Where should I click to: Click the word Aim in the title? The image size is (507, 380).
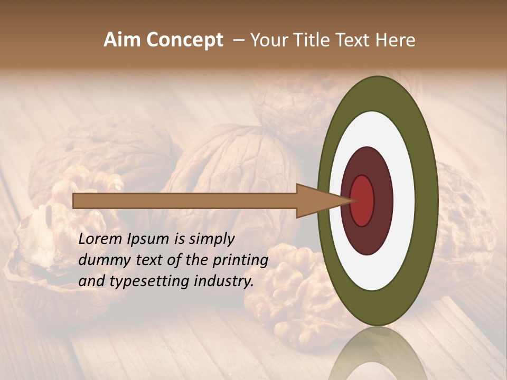[x=123, y=40]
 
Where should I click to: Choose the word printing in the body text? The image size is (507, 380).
[x=242, y=261]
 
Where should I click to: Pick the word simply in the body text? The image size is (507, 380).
[x=211, y=240]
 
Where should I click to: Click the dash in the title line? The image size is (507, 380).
[x=238, y=40]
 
